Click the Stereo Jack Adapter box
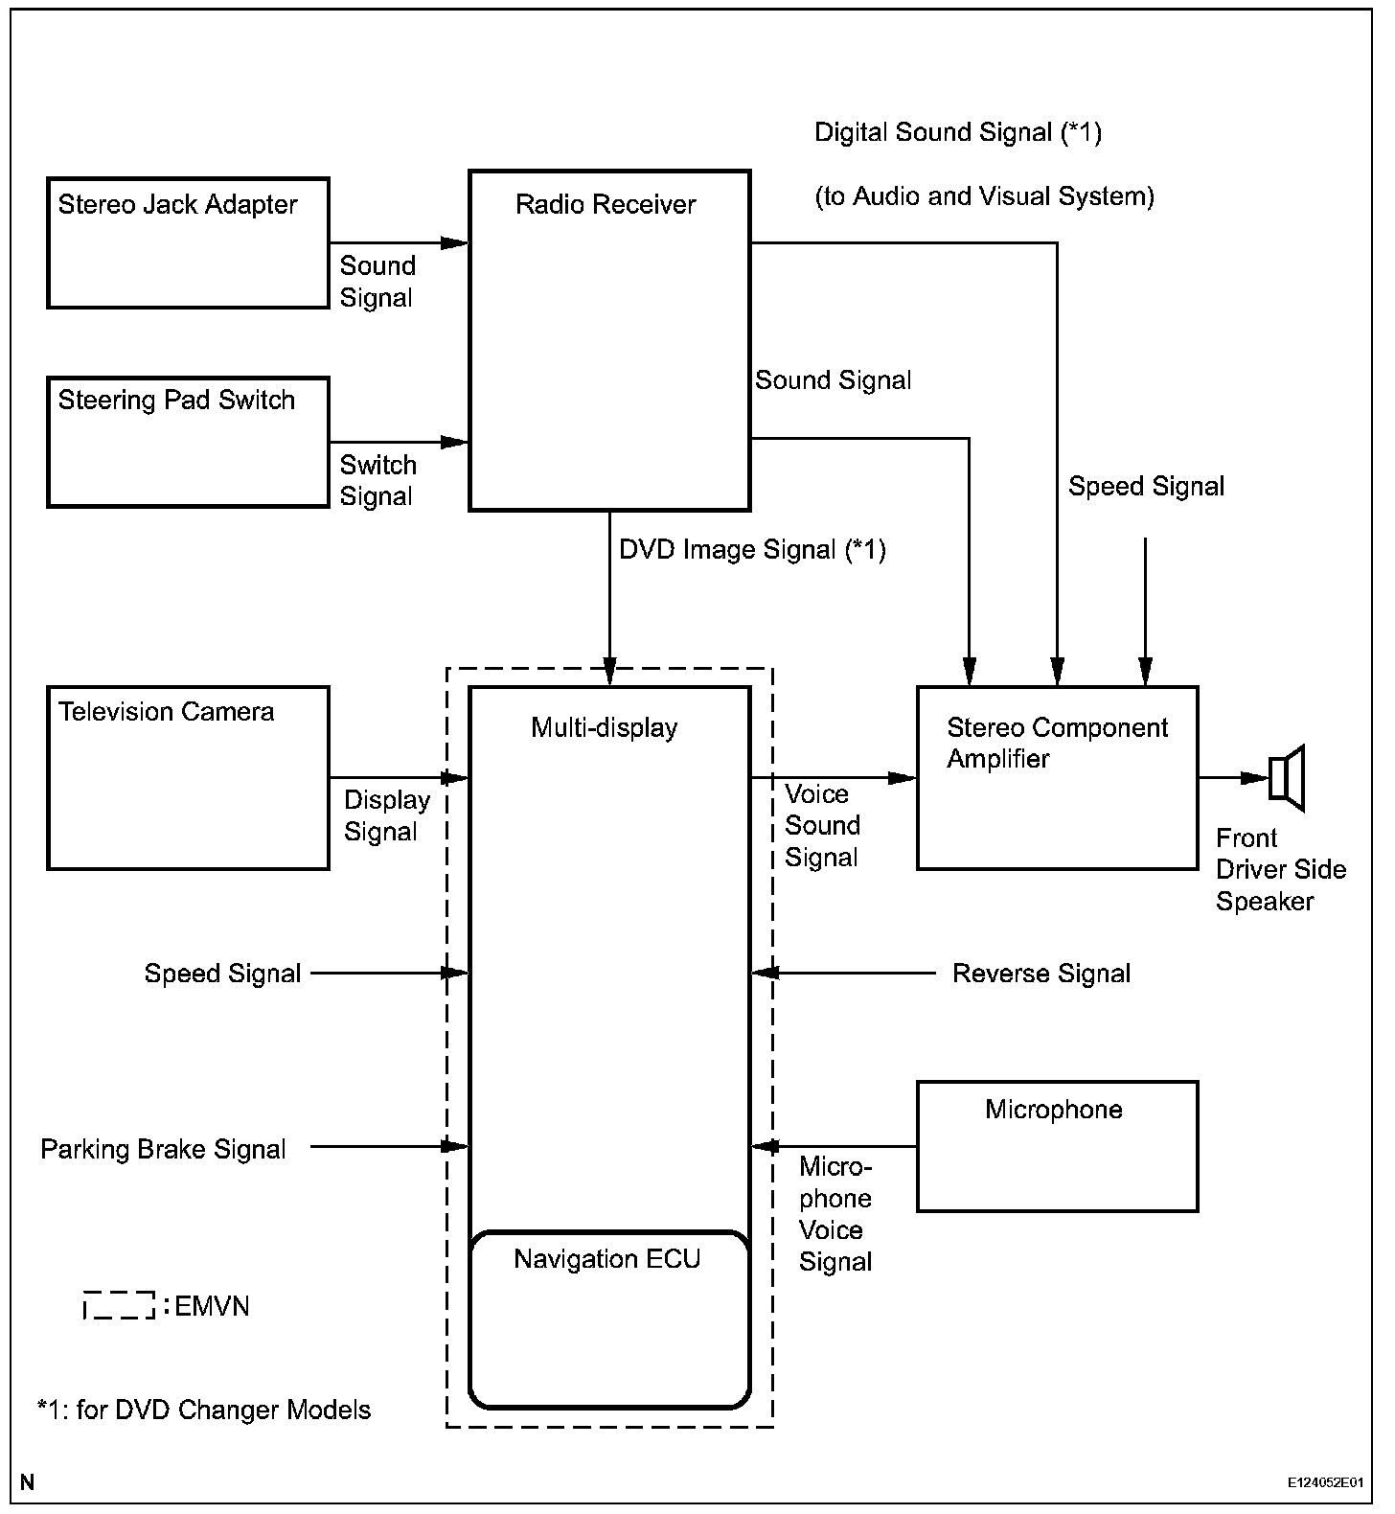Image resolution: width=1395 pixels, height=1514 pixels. point(188,242)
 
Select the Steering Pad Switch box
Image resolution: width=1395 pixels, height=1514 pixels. point(188,442)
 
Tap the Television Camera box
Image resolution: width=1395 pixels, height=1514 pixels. point(188,777)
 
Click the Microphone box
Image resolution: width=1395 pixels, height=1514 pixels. point(1057,1146)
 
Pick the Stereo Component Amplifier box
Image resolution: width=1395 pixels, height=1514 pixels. point(1057,777)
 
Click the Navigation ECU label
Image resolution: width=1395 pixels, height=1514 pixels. point(607,1258)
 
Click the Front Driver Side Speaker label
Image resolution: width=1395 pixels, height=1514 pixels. point(1280,869)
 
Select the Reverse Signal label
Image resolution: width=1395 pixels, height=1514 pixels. point(1041,974)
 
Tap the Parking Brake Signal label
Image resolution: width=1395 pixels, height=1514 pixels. point(163,1149)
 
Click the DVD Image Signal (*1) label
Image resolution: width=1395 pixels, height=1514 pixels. point(752,550)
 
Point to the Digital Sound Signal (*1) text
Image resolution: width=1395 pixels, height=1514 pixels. point(957,132)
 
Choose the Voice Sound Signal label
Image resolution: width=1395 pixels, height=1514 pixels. point(822,825)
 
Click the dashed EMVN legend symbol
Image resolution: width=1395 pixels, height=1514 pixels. point(119,1305)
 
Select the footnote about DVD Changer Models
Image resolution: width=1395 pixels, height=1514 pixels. point(203,1410)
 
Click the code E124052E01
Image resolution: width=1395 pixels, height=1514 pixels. point(1324,1481)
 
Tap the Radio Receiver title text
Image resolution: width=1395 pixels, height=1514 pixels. point(606,204)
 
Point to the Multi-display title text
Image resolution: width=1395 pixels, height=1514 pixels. point(604,727)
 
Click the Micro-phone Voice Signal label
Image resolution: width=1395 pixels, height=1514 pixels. point(835,1214)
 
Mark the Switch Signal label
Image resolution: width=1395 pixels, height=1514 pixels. point(377,480)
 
